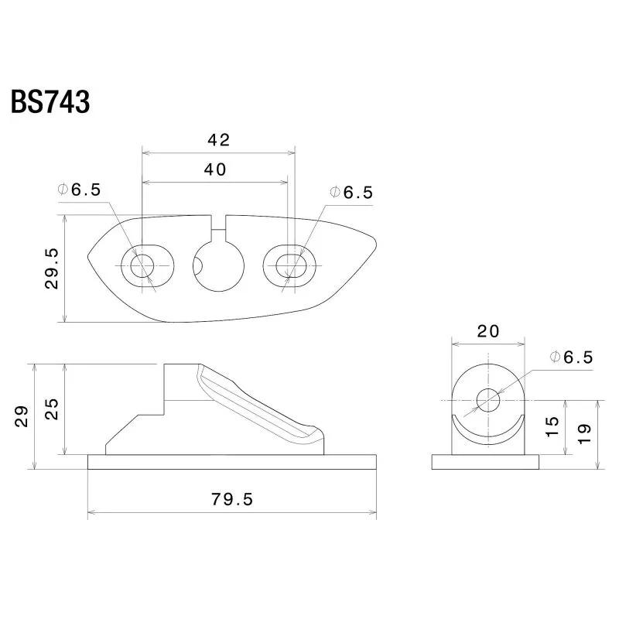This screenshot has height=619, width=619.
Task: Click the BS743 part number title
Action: coord(50,102)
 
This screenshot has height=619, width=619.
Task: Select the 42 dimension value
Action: coord(219,140)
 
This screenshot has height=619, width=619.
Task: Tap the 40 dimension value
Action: coord(215,169)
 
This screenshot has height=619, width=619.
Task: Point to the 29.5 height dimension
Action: coord(52,268)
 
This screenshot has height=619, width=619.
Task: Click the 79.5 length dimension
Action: coord(231,499)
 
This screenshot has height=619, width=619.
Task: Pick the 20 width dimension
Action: coord(488,331)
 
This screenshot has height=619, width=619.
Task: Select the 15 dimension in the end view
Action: coord(552,426)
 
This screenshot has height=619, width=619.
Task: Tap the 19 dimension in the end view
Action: coord(584,433)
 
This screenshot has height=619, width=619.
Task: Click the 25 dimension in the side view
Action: coord(52,409)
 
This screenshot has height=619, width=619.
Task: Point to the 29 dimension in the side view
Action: coord(22,416)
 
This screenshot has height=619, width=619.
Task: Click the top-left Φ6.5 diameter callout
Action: coord(79,190)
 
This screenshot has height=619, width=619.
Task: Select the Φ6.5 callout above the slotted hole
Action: coord(351,193)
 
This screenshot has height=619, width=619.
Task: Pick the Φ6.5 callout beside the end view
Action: coord(571,357)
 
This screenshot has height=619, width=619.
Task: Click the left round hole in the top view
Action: coord(142,265)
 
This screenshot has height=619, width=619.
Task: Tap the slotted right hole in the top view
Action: coord(289,265)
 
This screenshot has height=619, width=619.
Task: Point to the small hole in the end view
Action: coord(488,400)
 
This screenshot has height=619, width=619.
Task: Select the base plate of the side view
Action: coord(231,462)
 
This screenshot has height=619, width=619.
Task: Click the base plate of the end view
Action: coord(485,462)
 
